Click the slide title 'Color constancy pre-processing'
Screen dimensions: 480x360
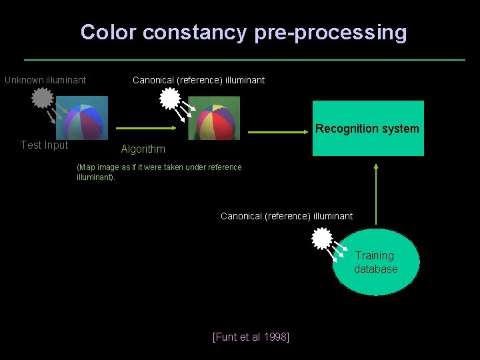[243, 32]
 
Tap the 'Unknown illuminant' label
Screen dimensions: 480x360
[45, 80]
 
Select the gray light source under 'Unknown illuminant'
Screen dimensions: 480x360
[42, 99]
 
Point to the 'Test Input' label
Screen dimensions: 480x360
[44, 145]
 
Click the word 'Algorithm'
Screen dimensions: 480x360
[143, 149]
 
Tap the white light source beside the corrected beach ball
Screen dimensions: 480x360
[169, 99]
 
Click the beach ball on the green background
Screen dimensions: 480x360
[215, 119]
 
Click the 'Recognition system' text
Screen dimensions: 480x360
[367, 129]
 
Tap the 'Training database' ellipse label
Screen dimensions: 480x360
[375, 262]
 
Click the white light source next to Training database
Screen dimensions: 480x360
[322, 238]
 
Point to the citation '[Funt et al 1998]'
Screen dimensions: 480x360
[251, 337]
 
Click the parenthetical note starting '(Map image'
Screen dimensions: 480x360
[159, 172]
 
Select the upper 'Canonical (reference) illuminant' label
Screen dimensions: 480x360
[199, 80]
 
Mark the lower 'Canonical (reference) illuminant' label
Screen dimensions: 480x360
[287, 216]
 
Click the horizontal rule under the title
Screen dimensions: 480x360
[244, 60]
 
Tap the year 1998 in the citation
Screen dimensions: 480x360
[276, 337]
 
